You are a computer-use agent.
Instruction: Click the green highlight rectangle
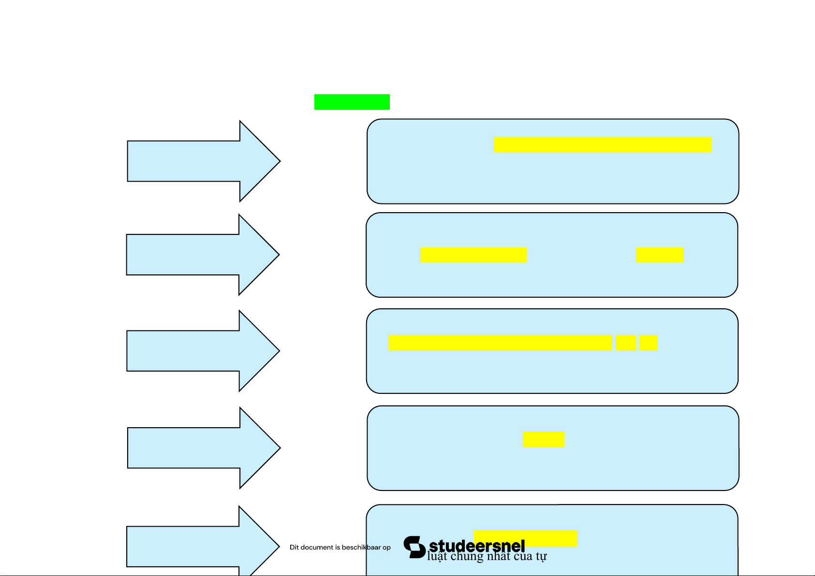tap(352, 102)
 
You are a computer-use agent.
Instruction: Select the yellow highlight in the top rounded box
tap(603, 145)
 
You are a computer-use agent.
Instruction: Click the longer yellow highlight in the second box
tap(474, 255)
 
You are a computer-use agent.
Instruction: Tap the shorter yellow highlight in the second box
tap(660, 255)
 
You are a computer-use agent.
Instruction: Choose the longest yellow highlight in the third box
tap(500, 343)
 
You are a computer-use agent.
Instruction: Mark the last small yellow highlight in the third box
tap(648, 343)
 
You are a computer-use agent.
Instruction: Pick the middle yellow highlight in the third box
tap(626, 343)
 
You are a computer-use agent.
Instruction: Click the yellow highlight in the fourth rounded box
tap(544, 440)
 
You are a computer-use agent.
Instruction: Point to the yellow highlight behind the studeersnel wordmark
tap(551, 536)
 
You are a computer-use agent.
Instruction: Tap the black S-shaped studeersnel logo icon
tap(415, 547)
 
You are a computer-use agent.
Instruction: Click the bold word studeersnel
tap(477, 546)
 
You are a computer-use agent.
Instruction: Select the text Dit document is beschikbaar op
tap(340, 547)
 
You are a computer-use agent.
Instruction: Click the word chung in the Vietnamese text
tap(467, 557)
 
